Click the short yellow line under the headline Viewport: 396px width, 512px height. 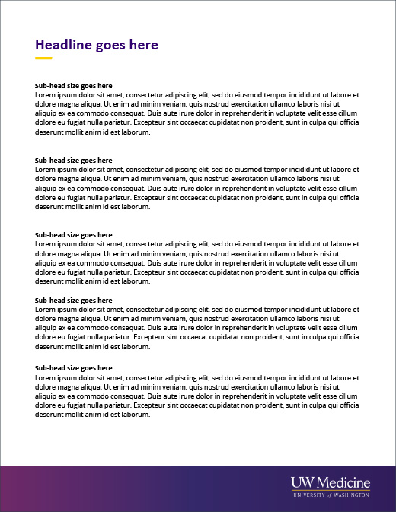(x=43, y=58)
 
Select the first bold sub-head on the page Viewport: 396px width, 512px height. (x=74, y=86)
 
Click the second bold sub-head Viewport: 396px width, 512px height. (x=74, y=161)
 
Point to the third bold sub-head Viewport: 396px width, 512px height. (x=74, y=235)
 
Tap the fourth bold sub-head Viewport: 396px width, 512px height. (x=74, y=301)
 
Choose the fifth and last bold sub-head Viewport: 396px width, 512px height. (x=74, y=368)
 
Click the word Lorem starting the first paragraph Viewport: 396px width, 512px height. (x=46, y=95)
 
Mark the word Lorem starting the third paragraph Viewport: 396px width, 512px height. (x=46, y=244)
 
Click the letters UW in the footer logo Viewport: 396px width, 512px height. (x=302, y=482)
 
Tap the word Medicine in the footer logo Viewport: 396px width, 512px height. (x=343, y=482)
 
